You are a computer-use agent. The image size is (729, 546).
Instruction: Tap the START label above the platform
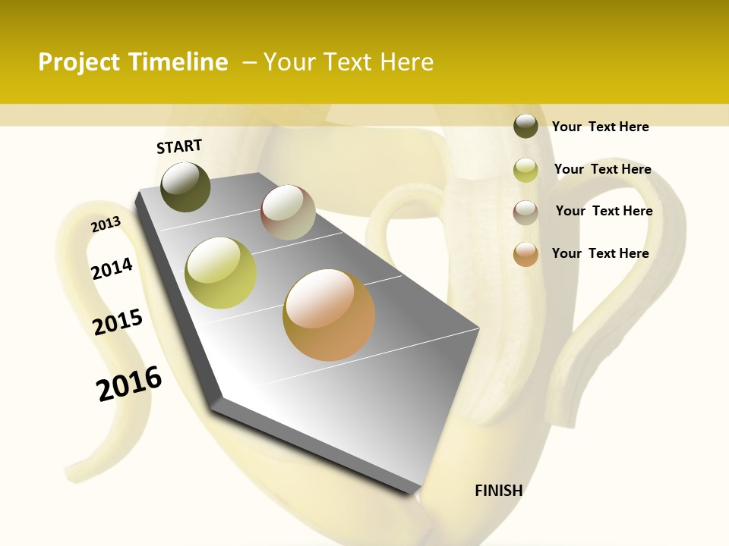[179, 146]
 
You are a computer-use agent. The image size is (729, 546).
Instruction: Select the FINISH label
[498, 491]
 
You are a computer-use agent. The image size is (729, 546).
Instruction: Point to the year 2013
[106, 224]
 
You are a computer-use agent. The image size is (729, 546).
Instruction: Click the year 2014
[112, 268]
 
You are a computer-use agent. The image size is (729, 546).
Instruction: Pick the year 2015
[118, 322]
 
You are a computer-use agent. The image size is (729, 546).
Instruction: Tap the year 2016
[129, 384]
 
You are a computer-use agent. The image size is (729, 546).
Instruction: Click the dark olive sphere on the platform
[186, 187]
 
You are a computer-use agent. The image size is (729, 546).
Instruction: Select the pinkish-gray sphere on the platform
[288, 212]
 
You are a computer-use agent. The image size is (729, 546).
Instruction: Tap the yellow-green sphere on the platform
[221, 273]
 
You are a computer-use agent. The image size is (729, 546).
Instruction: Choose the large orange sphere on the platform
[329, 315]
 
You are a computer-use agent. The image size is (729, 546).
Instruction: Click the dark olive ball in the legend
[525, 127]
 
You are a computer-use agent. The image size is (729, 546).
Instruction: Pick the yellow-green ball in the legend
[525, 170]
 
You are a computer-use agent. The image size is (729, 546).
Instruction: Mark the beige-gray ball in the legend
[525, 212]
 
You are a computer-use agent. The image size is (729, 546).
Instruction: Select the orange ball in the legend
[525, 254]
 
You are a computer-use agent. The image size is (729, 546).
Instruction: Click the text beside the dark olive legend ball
[600, 127]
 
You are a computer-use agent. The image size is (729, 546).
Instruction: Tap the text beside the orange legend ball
[600, 253]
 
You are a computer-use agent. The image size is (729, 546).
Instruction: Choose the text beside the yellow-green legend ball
[602, 169]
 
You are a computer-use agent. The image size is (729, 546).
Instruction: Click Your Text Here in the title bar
[349, 62]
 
